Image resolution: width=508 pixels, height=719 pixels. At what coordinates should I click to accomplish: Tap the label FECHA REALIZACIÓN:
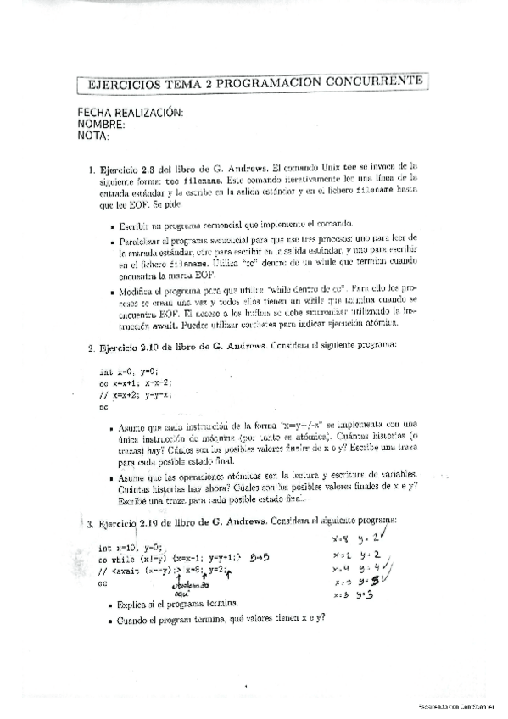click(131, 113)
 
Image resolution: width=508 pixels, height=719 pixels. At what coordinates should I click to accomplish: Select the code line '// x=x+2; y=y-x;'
click(140, 394)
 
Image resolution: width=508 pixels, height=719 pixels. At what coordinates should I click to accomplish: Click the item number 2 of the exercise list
click(91, 347)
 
